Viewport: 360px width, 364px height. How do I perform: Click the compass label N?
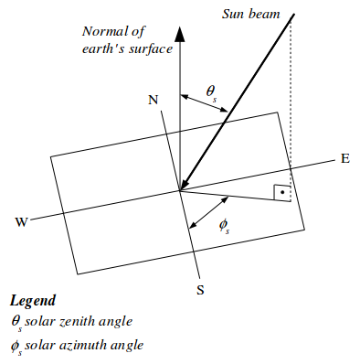154,100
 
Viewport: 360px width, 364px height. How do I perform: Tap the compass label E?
345,158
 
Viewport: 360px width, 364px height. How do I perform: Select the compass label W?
21,222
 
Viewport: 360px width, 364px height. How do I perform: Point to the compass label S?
200,290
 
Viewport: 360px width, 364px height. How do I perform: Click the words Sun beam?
250,14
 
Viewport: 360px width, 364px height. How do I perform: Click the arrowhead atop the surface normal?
180,34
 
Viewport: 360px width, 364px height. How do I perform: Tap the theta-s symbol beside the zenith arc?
211,92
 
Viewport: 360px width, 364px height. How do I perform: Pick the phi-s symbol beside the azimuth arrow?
224,226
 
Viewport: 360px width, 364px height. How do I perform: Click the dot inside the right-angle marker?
282,192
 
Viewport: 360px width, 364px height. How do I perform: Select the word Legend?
33,301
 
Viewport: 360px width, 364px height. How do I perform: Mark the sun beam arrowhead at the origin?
185,184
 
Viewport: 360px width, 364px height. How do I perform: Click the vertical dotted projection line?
291,108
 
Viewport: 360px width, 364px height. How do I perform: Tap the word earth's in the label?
102,48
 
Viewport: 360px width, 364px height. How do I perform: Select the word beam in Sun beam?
265,14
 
